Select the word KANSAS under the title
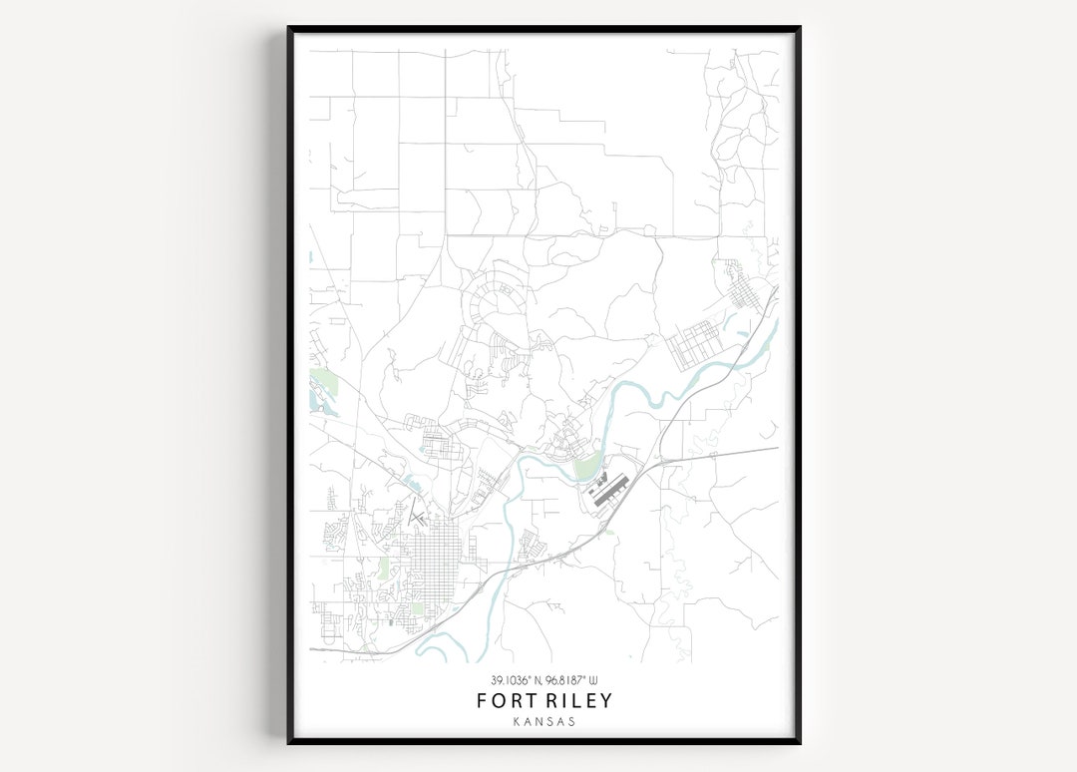[x=544, y=721]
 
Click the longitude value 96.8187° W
[x=577, y=681]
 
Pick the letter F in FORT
[x=483, y=700]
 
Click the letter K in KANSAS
[x=516, y=721]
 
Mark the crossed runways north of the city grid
[x=418, y=516]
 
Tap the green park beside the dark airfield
[x=587, y=465]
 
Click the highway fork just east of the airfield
[x=659, y=462]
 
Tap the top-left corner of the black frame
[x=290, y=29]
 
